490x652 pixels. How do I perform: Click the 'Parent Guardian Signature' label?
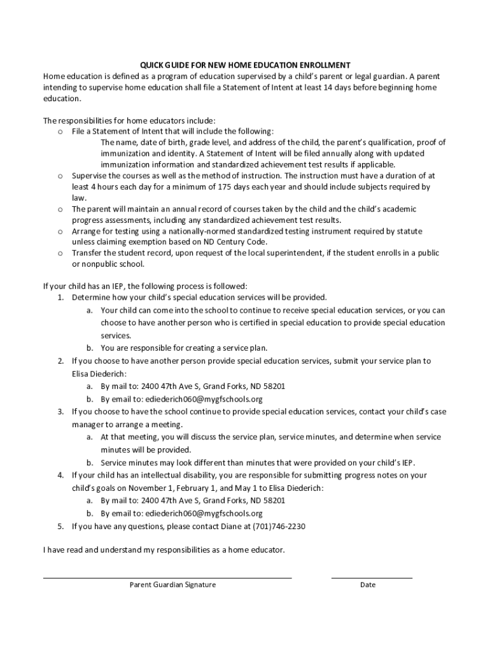[172, 585]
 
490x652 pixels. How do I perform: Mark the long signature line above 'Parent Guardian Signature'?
[167, 577]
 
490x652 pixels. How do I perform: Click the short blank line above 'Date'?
[372, 577]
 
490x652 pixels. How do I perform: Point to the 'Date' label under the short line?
[368, 585]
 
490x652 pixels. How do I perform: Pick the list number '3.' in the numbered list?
[60, 411]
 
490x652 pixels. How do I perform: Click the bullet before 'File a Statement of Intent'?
[60, 132]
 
